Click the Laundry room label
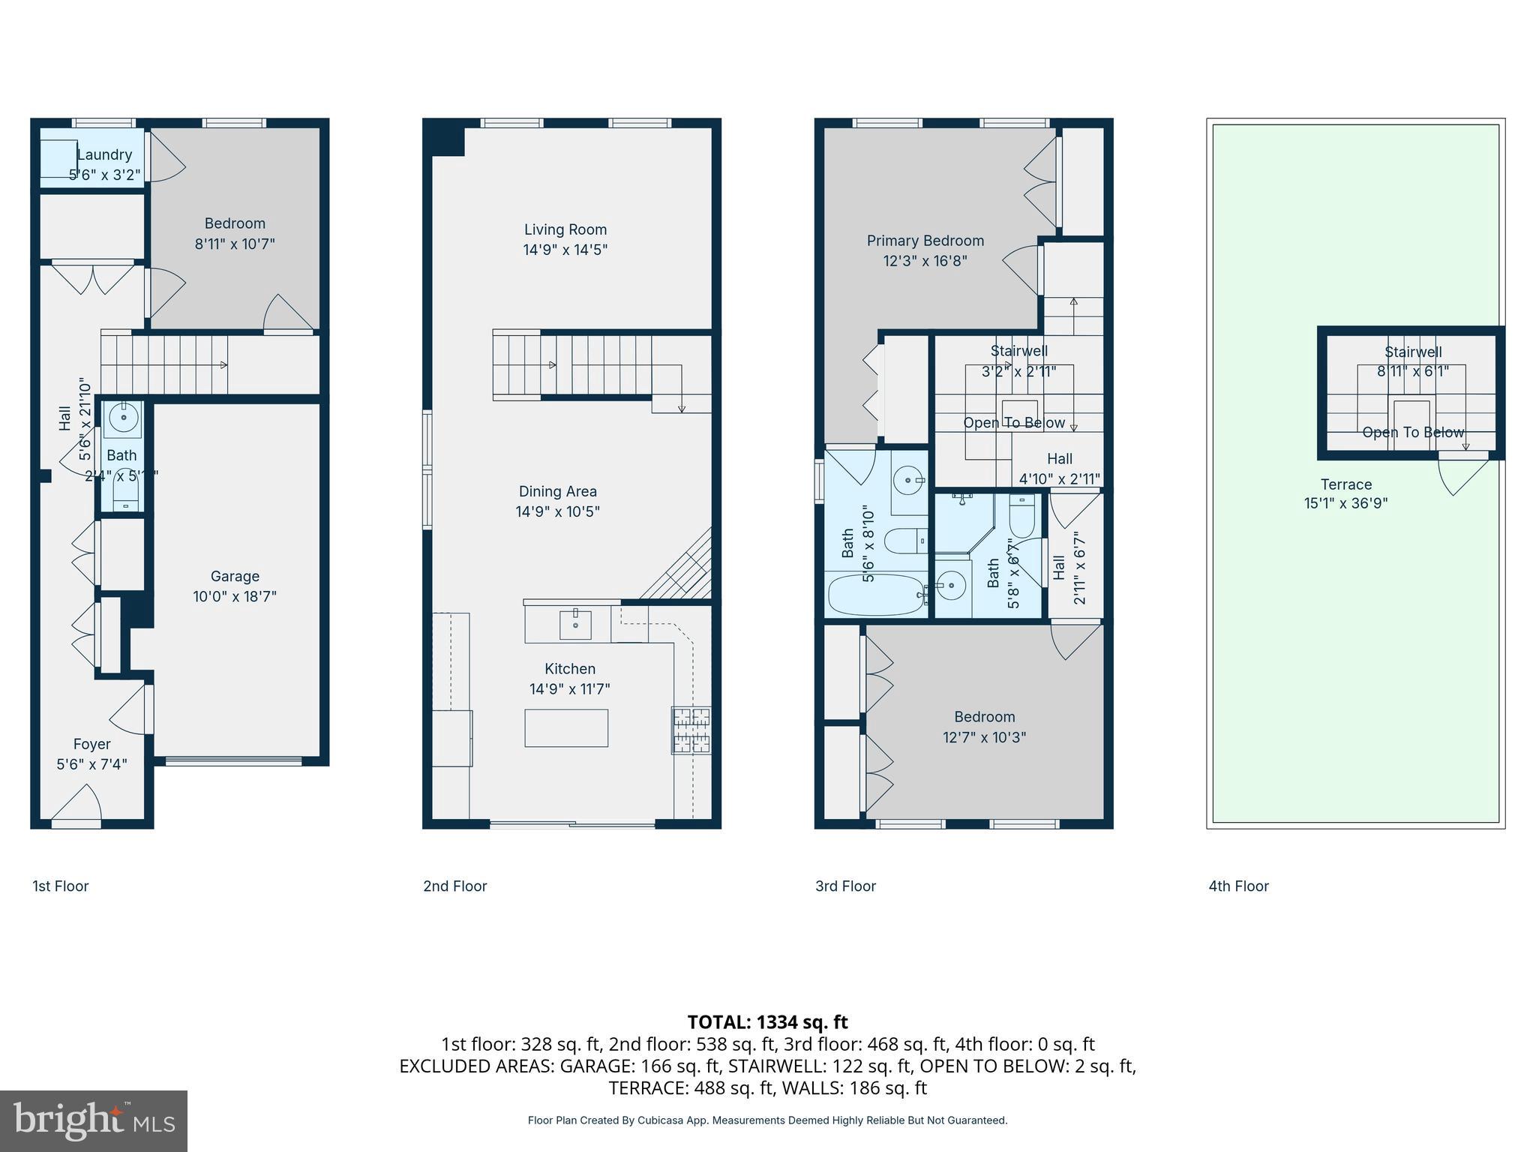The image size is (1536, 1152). tap(104, 154)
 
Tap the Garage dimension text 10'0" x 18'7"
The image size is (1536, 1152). tap(235, 597)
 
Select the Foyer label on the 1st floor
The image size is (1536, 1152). tap(91, 744)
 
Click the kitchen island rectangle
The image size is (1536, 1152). tap(565, 727)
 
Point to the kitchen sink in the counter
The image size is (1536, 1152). tap(575, 624)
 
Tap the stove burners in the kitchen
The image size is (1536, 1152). tap(691, 730)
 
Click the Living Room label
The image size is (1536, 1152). tap(565, 229)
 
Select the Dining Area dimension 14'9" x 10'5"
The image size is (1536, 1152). tap(557, 511)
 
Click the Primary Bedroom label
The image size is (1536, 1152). tap(925, 241)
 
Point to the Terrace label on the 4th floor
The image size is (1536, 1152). tap(1345, 484)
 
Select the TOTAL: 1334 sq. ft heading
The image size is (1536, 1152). tap(767, 1022)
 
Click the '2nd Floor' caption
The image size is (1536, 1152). tap(454, 886)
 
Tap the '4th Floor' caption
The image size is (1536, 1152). tap(1238, 886)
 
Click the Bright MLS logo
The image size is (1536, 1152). tap(93, 1120)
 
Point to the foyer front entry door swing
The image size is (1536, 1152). tap(77, 805)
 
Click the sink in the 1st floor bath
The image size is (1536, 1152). tap(123, 416)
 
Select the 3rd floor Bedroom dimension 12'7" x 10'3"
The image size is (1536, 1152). tap(984, 737)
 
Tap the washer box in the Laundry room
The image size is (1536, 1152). tap(58, 158)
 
